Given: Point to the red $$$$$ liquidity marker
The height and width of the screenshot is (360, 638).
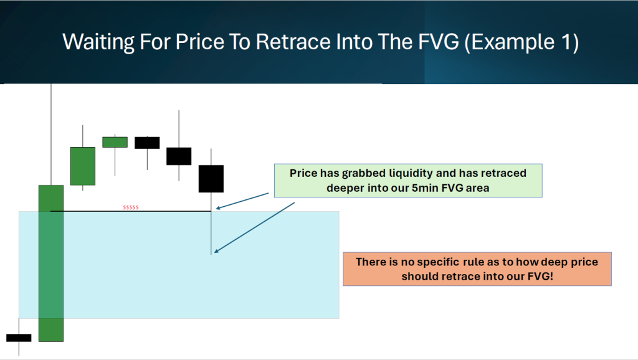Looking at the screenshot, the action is [131, 207].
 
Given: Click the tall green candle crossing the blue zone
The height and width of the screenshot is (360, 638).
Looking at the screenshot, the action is [51, 263].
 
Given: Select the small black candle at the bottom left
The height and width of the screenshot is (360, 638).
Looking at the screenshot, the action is [19, 338].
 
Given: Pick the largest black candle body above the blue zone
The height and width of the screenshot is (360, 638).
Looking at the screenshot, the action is [211, 179].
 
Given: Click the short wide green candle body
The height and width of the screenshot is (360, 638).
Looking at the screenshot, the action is [115, 142].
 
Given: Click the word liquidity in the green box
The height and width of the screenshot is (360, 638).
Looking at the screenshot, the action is [411, 173].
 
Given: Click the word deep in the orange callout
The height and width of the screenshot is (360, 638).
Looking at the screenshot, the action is [551, 262].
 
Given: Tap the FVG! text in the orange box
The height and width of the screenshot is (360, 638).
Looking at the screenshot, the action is [540, 277].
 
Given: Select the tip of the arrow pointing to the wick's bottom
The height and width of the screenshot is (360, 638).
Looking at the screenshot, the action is [214, 253].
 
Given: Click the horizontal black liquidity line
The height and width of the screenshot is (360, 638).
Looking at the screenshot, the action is [131, 211].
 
